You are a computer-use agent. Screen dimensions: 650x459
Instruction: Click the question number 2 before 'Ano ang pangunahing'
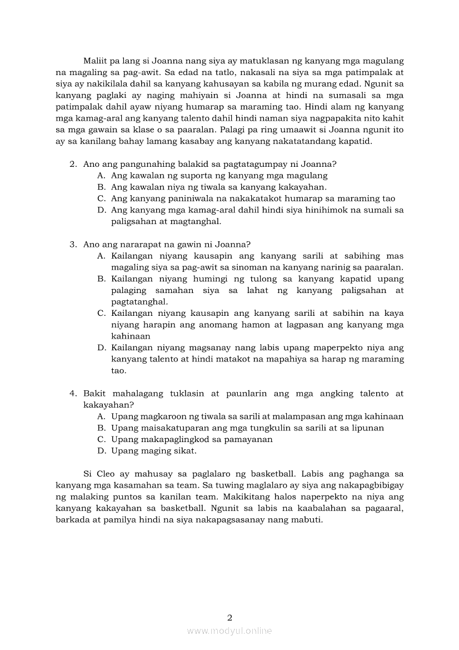72,164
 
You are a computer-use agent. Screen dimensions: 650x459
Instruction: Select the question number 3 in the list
72,244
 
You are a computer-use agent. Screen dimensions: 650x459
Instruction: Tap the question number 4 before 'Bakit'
72,393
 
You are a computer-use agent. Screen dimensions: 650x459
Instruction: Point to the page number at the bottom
229,617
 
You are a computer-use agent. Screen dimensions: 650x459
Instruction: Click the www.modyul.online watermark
229,631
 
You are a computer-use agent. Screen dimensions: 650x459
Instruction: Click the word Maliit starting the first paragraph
95,61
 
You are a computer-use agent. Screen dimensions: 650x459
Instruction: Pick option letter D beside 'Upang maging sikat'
101,450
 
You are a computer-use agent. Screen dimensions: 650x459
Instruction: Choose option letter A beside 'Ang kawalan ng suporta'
101,175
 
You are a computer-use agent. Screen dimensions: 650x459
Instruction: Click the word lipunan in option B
367,428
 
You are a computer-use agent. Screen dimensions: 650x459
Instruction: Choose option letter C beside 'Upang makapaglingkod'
101,439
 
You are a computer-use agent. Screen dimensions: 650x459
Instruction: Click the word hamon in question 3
224,325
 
